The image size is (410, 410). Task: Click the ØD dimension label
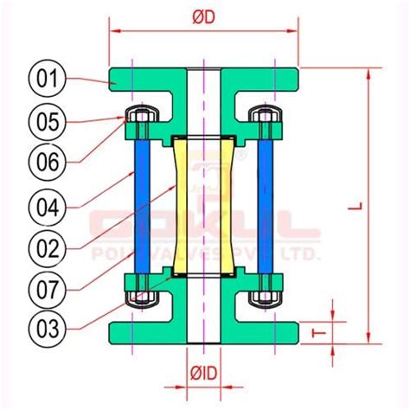click(x=204, y=16)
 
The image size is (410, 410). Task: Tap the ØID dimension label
click(x=204, y=373)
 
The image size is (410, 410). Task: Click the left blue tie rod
click(x=141, y=206)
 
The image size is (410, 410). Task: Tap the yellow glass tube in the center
click(x=204, y=206)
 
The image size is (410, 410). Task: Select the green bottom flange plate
click(x=204, y=332)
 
